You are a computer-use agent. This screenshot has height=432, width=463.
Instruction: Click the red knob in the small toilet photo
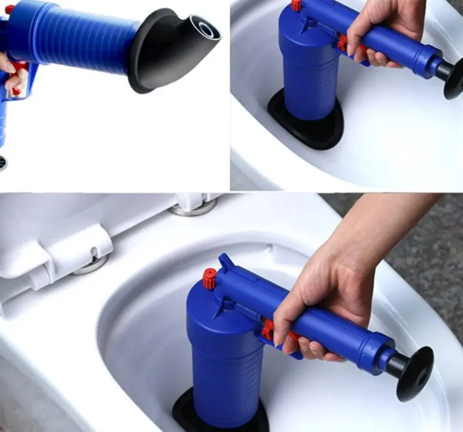point(297,5)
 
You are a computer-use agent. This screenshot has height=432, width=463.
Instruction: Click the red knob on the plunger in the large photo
point(210,279)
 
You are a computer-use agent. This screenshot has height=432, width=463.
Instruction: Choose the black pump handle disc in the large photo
point(415,373)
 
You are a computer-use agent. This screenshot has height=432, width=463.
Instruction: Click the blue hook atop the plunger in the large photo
point(227,264)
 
